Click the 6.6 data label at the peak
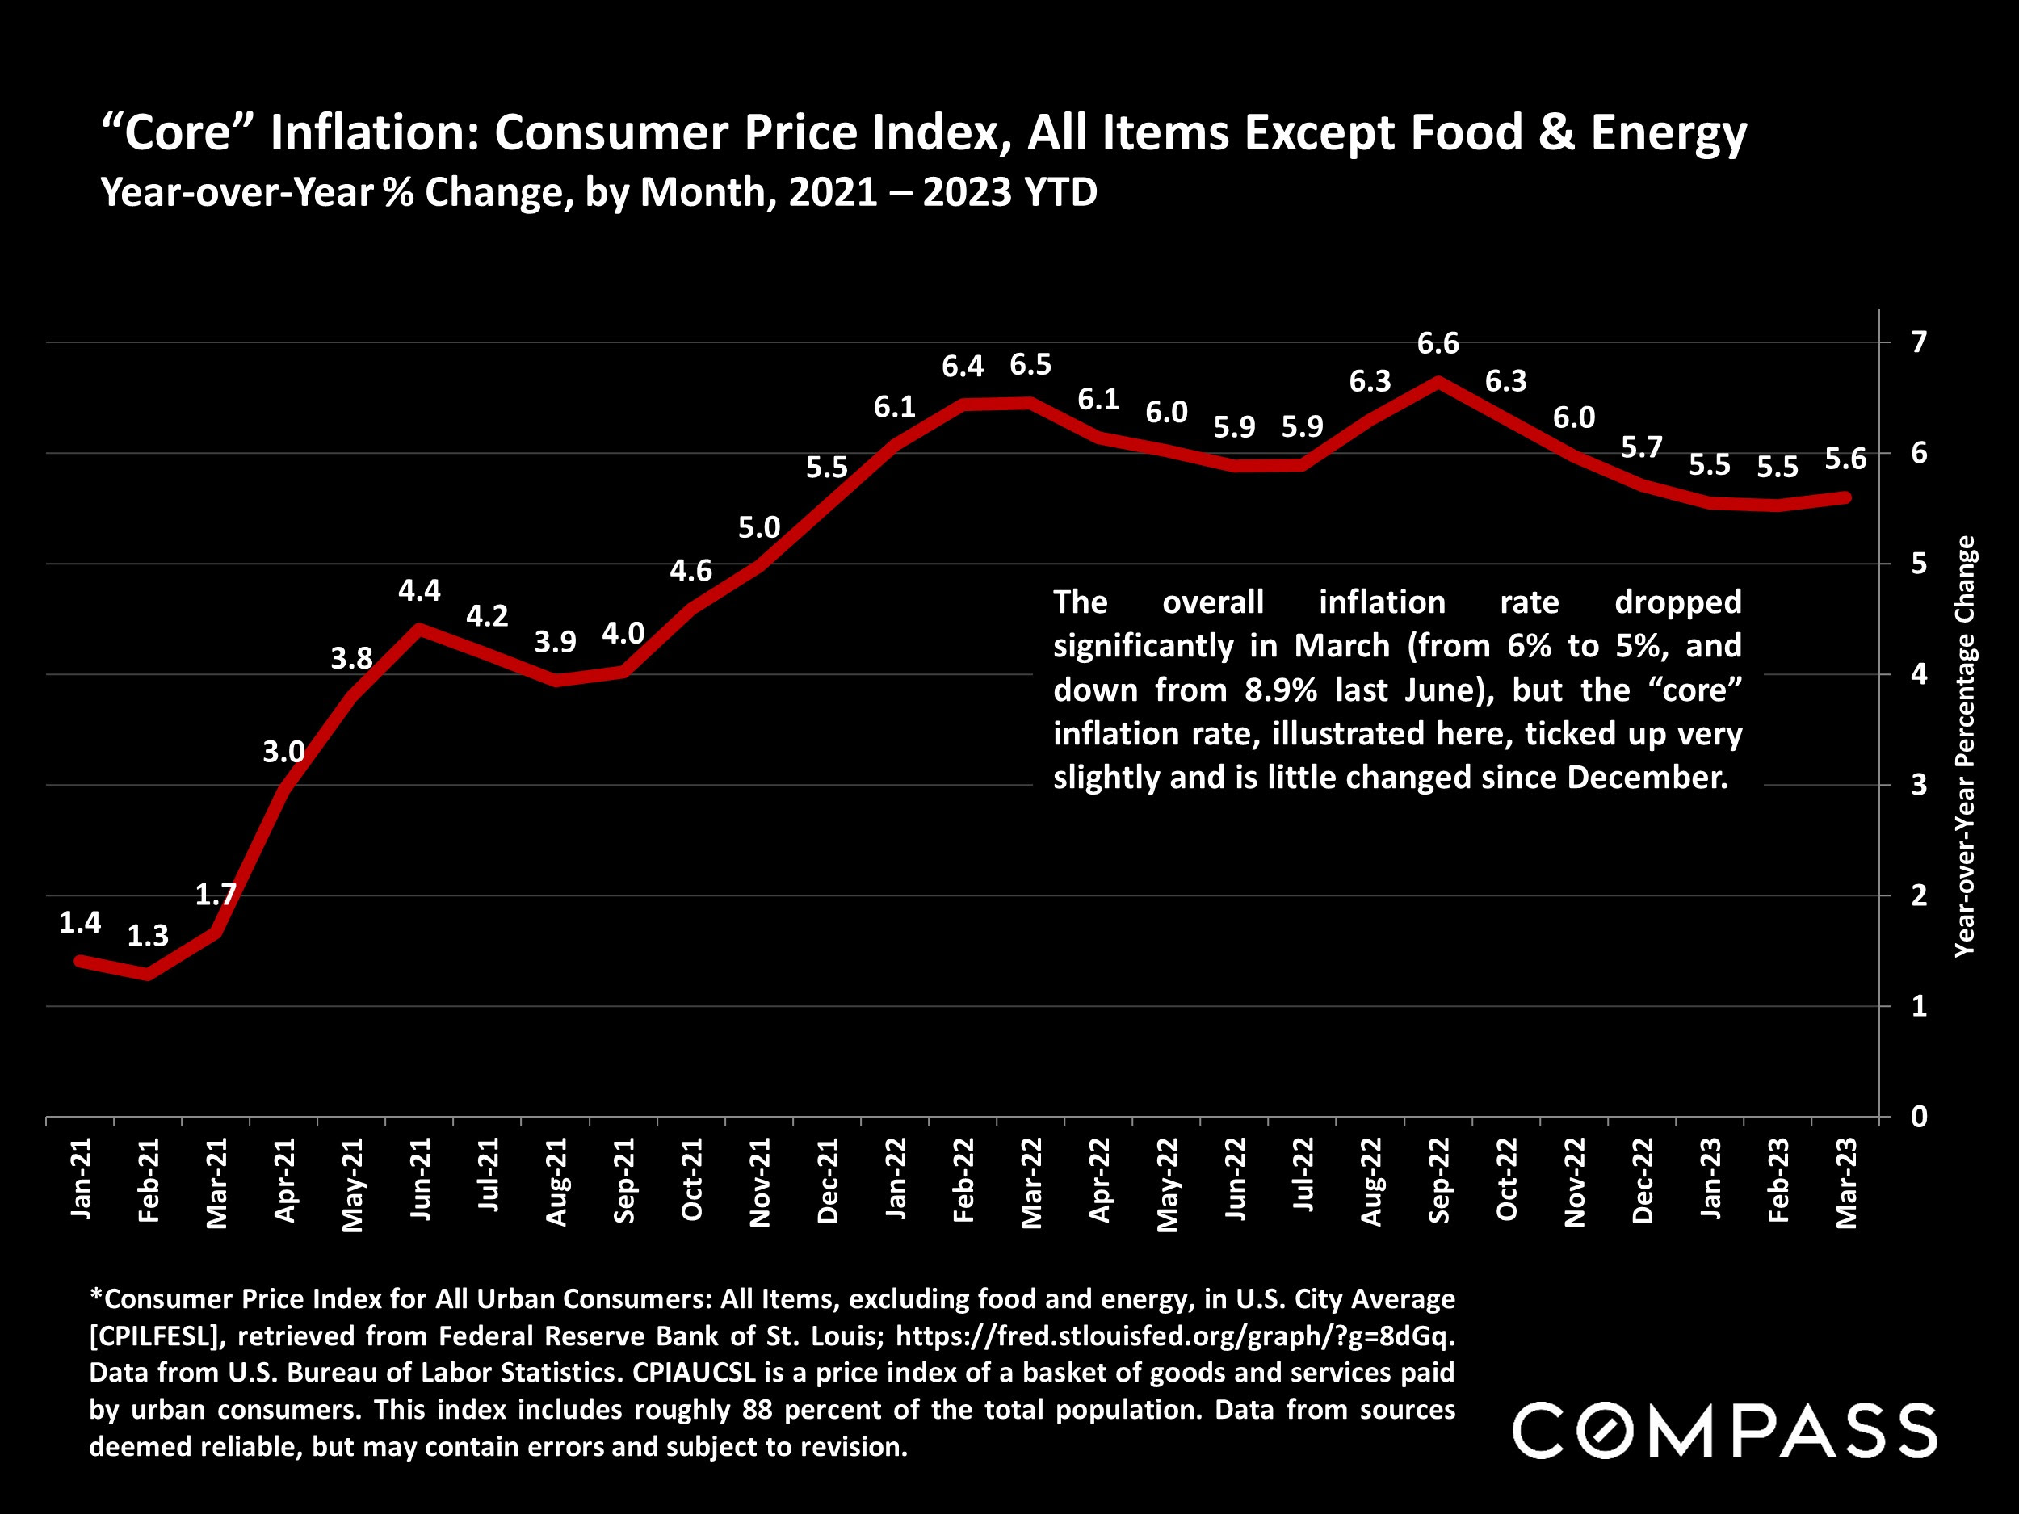click(x=1438, y=344)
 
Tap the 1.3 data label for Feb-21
click(x=148, y=935)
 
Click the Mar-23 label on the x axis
click(x=1845, y=1183)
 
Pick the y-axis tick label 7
click(x=1919, y=342)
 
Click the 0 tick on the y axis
click(x=1919, y=1116)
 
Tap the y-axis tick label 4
click(x=1919, y=674)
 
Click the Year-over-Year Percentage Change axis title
click(x=1964, y=745)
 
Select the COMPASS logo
click(x=1724, y=1431)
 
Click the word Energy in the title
click(x=1669, y=132)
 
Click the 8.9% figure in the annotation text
click(x=1281, y=690)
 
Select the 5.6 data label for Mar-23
click(x=1845, y=459)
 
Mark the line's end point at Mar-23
click(x=1845, y=497)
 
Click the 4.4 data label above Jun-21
click(x=419, y=590)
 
